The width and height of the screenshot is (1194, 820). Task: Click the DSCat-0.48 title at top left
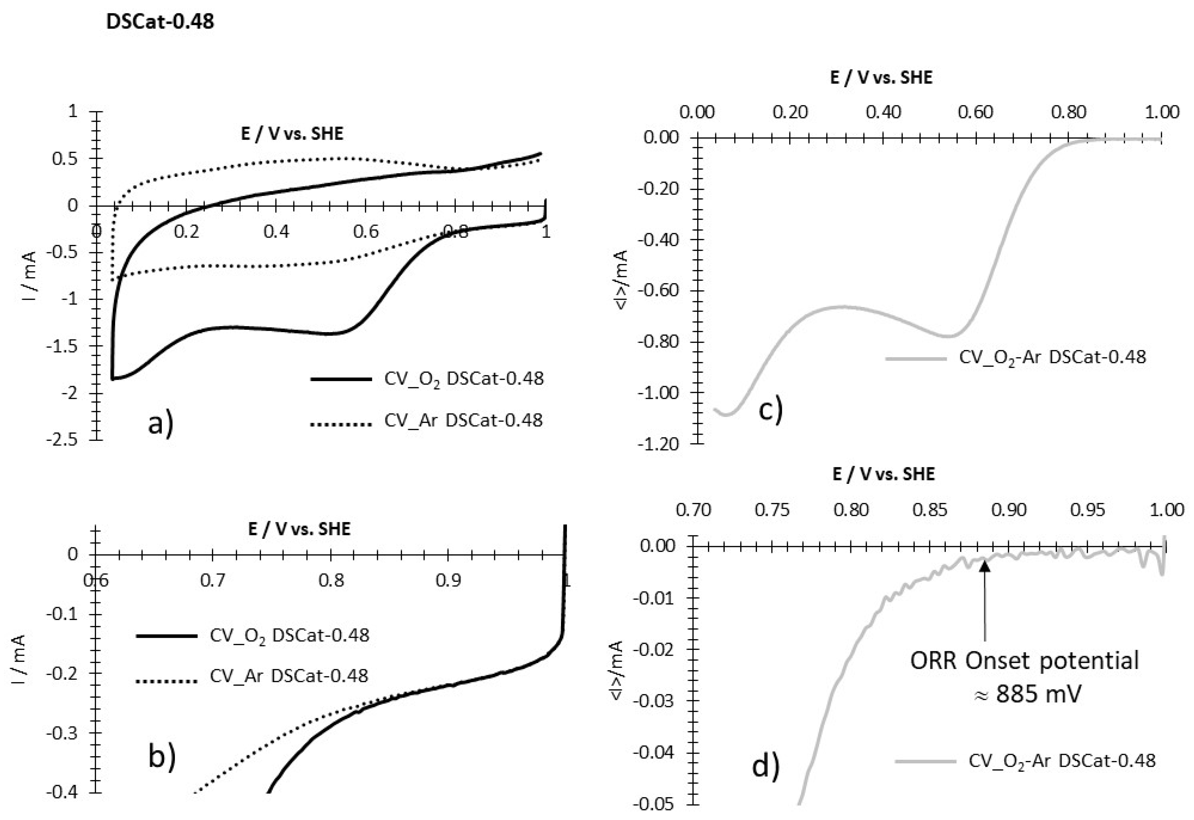[160, 21]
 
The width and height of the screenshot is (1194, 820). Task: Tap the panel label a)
[161, 424]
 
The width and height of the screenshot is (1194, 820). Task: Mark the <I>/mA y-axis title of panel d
[617, 670]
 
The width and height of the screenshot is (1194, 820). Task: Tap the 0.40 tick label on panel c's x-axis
[883, 112]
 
